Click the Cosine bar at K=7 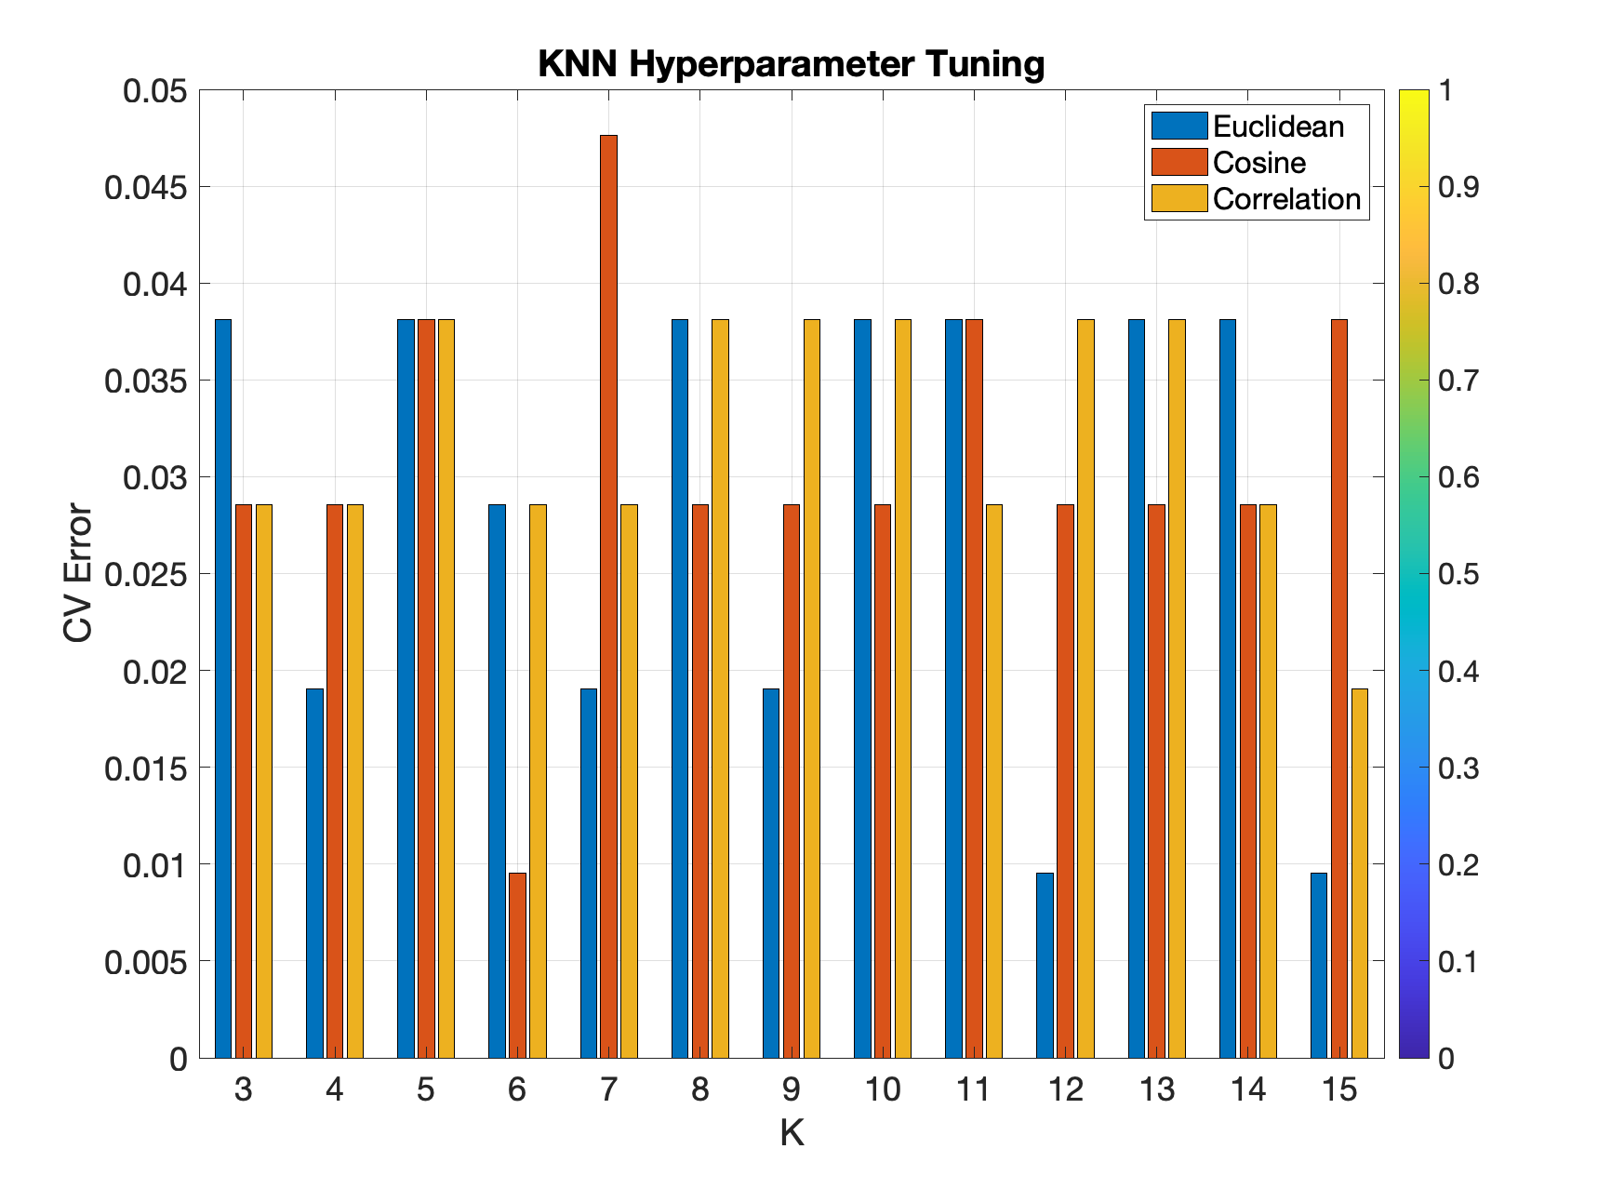click(x=608, y=595)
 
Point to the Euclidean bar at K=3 click(x=223, y=688)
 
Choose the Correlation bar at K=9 click(x=812, y=688)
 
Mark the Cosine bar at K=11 click(x=974, y=688)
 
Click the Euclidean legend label click(x=1278, y=127)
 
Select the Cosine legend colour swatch click(x=1179, y=162)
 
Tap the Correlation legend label click(x=1286, y=199)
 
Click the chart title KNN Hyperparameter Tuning click(x=792, y=64)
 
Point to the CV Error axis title click(x=79, y=573)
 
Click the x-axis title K click(x=792, y=1133)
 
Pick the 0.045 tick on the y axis click(x=146, y=187)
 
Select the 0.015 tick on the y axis click(x=146, y=768)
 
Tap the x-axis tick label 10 click(x=882, y=1089)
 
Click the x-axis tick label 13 click(x=1156, y=1089)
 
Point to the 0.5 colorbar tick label click(x=1458, y=574)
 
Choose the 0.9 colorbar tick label click(x=1458, y=187)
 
